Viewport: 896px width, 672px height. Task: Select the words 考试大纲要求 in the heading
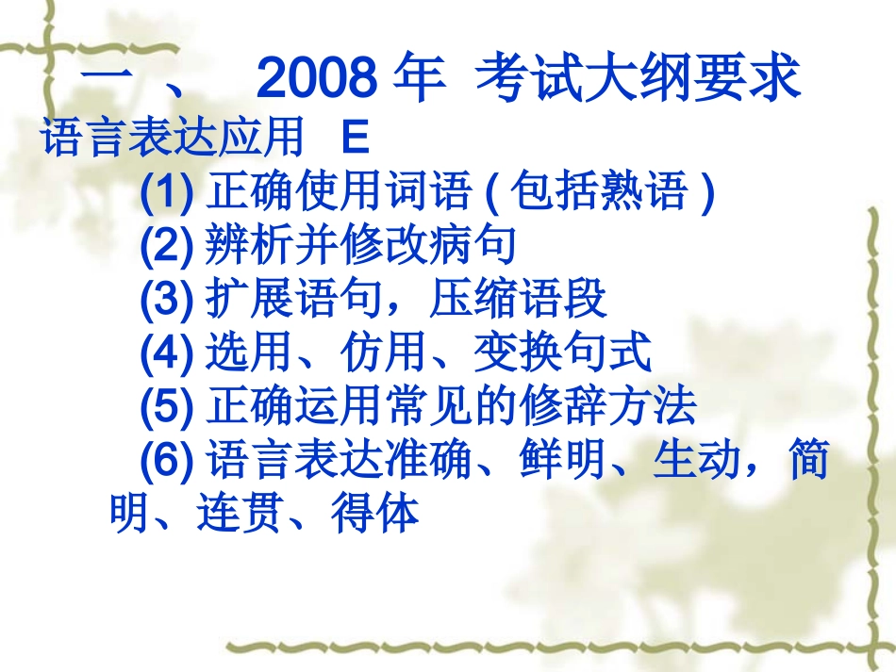click(638, 79)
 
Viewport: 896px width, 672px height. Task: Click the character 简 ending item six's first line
click(808, 462)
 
